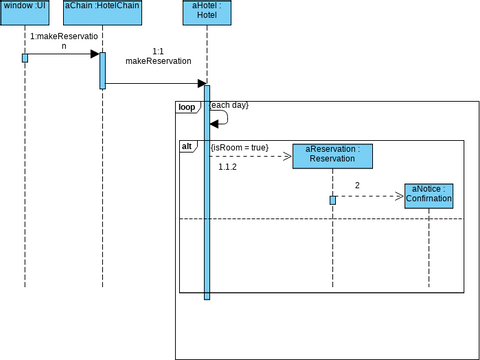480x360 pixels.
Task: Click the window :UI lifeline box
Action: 24,11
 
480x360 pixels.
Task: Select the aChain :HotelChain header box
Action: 102,11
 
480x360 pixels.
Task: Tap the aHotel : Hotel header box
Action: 206,11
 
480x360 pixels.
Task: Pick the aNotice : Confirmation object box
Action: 429,194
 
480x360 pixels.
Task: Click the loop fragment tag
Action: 187,106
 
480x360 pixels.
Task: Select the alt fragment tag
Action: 187,147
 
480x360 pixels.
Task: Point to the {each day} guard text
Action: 229,105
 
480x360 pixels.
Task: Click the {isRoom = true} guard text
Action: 239,148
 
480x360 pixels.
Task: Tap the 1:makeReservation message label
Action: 64,40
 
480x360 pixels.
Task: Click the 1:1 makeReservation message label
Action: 158,56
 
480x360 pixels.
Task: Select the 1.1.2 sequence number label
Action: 227,167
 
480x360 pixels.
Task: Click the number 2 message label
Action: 357,185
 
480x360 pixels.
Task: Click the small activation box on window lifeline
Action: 25,58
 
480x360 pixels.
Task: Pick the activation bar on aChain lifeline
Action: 102,69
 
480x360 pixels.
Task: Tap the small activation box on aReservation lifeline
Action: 332,200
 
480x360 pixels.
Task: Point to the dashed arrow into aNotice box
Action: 370,196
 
